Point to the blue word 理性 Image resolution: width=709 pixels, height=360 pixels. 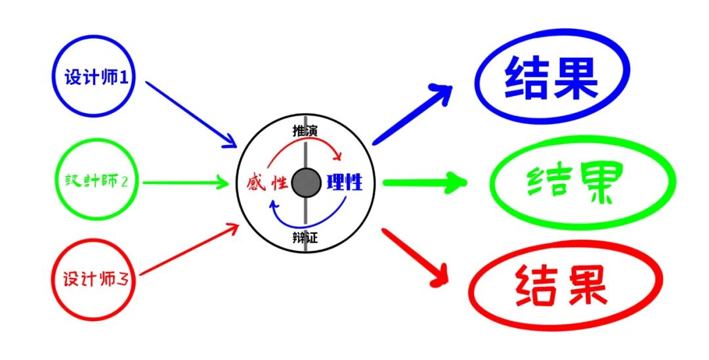[344, 182]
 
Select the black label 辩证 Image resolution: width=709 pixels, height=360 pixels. [305, 237]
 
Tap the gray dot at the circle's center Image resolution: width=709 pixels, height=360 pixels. [305, 183]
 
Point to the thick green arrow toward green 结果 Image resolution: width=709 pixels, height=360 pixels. [423, 182]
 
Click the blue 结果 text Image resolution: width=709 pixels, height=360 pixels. [551, 79]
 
